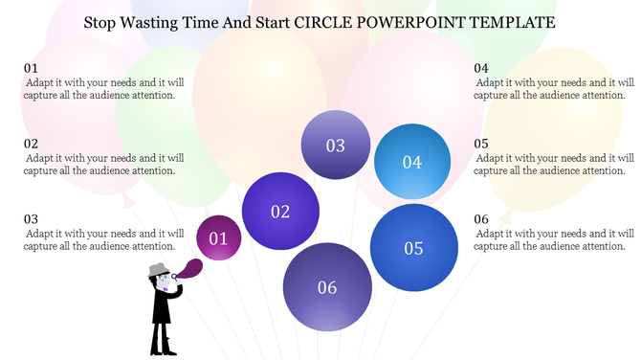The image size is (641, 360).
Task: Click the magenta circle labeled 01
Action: point(218,237)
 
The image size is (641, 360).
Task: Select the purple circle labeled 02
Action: point(280,211)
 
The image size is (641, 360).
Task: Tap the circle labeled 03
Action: point(336,146)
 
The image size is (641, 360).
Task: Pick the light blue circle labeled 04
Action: point(412,162)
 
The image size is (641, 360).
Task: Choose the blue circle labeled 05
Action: point(413,247)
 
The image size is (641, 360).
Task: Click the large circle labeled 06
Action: point(327,286)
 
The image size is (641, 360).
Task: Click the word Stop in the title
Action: point(99,20)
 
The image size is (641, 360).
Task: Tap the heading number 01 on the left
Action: point(32,68)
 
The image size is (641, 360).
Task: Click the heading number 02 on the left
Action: point(32,144)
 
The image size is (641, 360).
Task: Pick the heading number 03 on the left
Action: point(32,218)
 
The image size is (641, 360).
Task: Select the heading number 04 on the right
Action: point(481,68)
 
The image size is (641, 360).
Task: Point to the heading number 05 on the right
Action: point(481,144)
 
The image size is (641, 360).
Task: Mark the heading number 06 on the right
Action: point(481,218)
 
